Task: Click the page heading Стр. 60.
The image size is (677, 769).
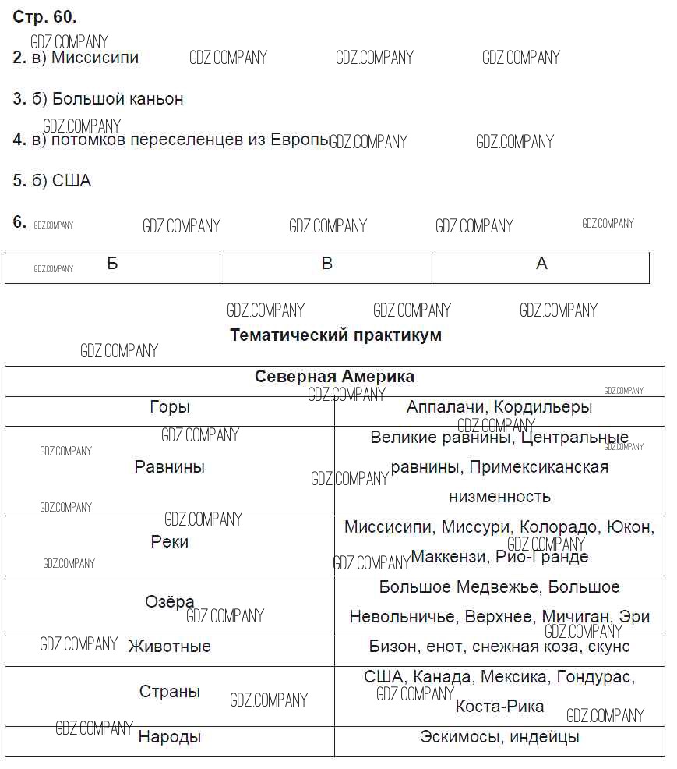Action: (44, 17)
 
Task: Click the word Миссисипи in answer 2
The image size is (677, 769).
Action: (95, 58)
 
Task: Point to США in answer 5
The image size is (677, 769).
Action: (72, 181)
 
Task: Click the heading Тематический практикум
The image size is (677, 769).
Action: (336, 335)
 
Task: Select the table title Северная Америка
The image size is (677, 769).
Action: (335, 377)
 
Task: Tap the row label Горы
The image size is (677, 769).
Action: (170, 407)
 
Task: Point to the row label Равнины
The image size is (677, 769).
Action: (170, 467)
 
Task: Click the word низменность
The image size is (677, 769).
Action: (499, 497)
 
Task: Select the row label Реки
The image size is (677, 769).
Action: (170, 542)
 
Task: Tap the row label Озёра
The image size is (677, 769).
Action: (170, 602)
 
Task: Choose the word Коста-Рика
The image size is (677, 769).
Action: (499, 707)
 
